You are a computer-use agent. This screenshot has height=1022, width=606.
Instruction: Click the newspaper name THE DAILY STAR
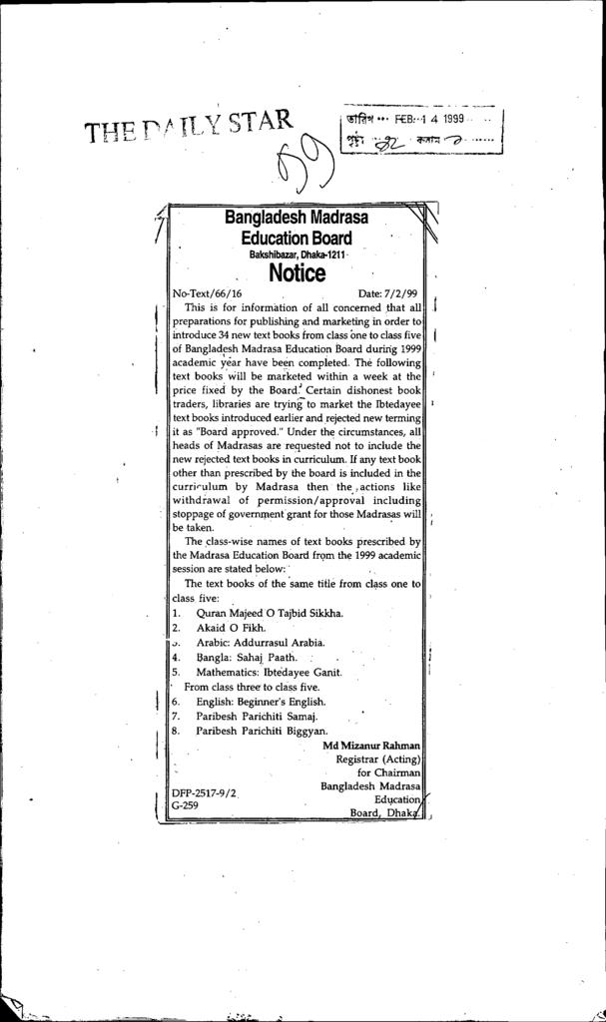click(190, 127)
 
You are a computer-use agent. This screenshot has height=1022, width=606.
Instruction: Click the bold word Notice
click(297, 273)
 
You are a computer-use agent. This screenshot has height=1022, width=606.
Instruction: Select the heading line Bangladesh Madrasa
click(296, 218)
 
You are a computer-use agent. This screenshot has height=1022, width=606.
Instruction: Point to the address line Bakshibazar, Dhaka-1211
click(297, 255)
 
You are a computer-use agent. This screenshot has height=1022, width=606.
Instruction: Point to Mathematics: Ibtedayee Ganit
click(269, 673)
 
